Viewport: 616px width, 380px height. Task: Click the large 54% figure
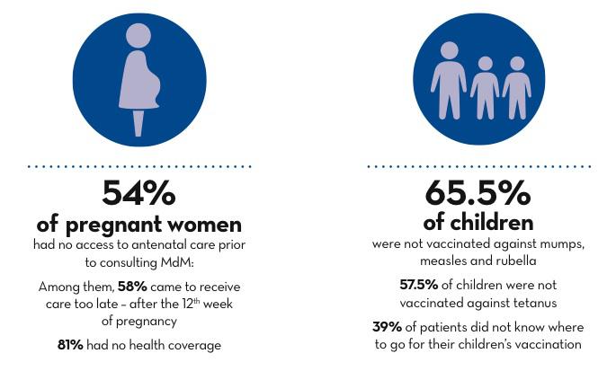138,193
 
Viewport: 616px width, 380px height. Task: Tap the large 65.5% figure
478,194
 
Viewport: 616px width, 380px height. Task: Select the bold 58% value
131,287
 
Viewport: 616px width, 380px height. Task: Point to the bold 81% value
69,345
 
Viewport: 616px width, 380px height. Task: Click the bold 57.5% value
418,286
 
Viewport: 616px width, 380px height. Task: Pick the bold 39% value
388,327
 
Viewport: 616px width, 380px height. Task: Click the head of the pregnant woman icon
138,37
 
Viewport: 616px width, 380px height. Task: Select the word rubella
513,261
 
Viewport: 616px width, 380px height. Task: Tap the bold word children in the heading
491,222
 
